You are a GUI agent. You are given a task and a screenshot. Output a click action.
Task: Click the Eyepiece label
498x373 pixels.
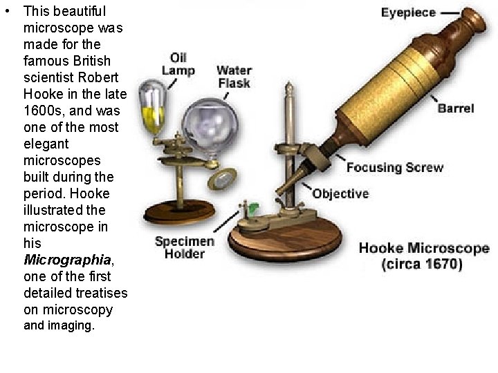click(x=409, y=12)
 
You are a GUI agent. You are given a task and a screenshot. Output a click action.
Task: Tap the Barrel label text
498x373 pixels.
click(x=456, y=108)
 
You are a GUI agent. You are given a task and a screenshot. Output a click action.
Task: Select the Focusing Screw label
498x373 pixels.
click(x=395, y=168)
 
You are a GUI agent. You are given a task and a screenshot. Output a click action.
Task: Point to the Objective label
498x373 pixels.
click(x=340, y=193)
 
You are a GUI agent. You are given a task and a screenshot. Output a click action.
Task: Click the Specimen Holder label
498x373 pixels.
click(x=185, y=247)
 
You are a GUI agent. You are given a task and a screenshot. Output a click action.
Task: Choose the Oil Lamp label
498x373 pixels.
click(x=178, y=64)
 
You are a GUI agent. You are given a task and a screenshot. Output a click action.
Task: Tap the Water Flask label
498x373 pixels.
click(x=234, y=77)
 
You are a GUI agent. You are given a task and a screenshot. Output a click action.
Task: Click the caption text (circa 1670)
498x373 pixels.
click(x=423, y=265)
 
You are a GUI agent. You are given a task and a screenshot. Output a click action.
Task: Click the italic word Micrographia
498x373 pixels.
click(x=67, y=260)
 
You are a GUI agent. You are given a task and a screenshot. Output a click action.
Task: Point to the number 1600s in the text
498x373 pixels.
click(x=43, y=111)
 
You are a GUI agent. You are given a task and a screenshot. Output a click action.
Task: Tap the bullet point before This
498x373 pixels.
click(x=8, y=12)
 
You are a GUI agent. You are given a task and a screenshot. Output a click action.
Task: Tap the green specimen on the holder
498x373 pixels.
click(x=253, y=207)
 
